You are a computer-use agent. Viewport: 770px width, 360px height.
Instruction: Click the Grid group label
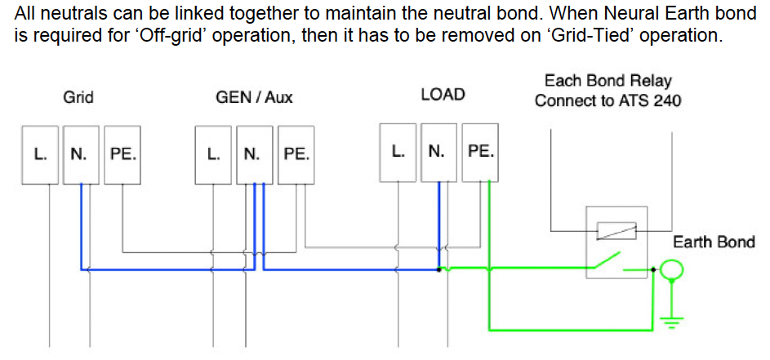[x=78, y=97]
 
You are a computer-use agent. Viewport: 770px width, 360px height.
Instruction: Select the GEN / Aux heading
[x=254, y=97]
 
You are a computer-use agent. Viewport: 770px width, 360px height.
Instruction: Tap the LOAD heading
[x=443, y=95]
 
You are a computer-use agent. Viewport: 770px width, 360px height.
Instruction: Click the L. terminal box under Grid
[x=41, y=154]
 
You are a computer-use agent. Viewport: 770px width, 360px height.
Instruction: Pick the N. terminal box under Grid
[x=81, y=154]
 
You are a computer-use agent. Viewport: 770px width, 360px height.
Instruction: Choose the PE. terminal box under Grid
[x=122, y=154]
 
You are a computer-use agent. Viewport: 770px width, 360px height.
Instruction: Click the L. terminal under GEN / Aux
[x=214, y=154]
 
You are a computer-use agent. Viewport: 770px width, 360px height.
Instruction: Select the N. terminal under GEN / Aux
[x=254, y=154]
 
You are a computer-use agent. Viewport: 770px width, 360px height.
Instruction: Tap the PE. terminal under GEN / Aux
[x=296, y=154]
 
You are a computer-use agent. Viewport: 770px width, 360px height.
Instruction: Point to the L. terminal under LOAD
[x=398, y=152]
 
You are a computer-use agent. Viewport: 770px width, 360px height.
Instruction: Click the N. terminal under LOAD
[x=438, y=152]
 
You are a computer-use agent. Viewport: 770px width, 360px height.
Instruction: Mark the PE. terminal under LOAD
[x=480, y=152]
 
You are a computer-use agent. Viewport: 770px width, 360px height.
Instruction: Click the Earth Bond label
[x=714, y=242]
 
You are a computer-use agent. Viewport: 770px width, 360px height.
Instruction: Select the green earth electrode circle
[x=672, y=269]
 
